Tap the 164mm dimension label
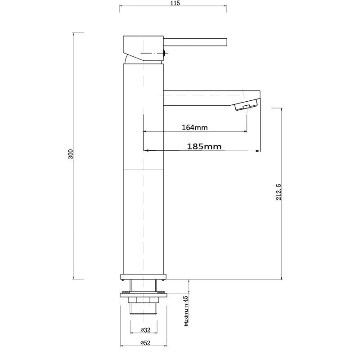(x=194, y=127)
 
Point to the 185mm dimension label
(x=204, y=146)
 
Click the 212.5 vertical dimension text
(x=279, y=192)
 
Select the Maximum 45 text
(x=185, y=311)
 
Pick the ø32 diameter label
(x=145, y=330)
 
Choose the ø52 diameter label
(x=145, y=343)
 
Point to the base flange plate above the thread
(x=143, y=276)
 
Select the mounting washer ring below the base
(x=143, y=294)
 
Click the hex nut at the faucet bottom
(x=143, y=300)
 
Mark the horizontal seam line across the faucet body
(x=143, y=170)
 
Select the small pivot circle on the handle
(x=165, y=54)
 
